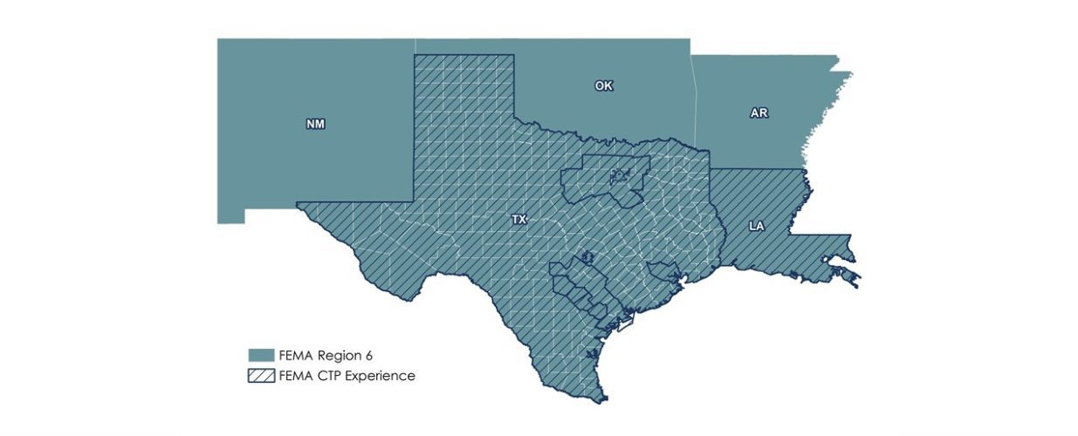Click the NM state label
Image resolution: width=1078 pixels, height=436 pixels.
315,124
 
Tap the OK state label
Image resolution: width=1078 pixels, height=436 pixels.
603,85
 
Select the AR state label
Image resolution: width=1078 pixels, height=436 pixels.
759,113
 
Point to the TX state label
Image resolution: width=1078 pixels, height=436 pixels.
518,221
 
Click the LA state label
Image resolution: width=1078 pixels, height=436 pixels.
757,226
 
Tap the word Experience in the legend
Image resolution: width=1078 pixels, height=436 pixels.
381,376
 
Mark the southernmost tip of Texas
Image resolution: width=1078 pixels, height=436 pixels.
602,401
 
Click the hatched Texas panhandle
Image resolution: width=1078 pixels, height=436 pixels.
463,96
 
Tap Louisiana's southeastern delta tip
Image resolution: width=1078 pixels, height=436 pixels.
855,281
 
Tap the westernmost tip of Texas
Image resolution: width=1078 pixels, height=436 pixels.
299,205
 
